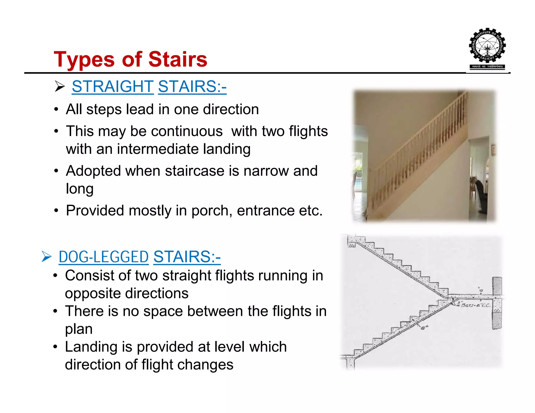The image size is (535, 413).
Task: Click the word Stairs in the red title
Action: [178, 60]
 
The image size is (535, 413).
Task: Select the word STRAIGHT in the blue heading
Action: [113, 86]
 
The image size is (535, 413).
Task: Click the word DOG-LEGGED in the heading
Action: [103, 257]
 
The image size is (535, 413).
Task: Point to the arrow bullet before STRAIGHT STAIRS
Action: [60, 86]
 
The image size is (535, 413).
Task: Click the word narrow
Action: [266, 171]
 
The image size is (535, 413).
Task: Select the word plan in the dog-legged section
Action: [79, 329]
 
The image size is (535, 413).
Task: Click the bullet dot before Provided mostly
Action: [56, 211]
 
